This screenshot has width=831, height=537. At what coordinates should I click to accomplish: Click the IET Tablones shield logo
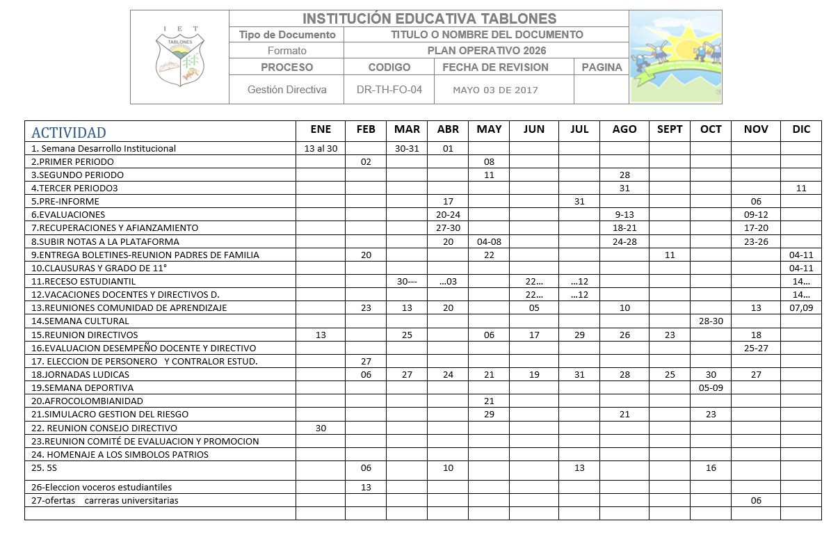coord(180,57)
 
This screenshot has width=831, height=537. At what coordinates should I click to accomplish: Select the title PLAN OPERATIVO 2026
coord(486,51)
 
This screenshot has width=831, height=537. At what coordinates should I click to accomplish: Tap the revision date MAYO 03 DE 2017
coord(495,90)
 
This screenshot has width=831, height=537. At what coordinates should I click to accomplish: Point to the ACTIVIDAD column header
coord(69,132)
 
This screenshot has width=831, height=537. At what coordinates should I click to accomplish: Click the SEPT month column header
coord(670,129)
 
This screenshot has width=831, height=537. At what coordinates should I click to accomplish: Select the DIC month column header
coord(800,129)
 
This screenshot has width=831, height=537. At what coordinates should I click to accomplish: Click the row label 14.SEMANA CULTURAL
coord(81,321)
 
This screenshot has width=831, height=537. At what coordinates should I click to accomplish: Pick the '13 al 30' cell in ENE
coord(321,148)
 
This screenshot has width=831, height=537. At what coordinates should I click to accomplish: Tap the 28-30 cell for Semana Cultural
coord(711,321)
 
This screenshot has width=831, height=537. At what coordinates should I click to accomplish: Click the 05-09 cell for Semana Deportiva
coord(711,387)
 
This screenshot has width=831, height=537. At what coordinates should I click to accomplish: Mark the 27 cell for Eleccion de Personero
coord(366,361)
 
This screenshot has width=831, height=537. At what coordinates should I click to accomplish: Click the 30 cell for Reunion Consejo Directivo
coord(321,428)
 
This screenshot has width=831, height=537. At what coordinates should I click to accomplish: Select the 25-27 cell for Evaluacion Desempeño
coord(755,348)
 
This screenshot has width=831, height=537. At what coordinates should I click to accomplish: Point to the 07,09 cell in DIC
coord(800,308)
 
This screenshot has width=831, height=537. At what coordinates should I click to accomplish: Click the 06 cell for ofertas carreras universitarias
coord(755,501)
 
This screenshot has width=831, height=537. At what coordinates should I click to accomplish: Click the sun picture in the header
coord(675,56)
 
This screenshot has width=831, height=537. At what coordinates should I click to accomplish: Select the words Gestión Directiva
coord(287,90)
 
